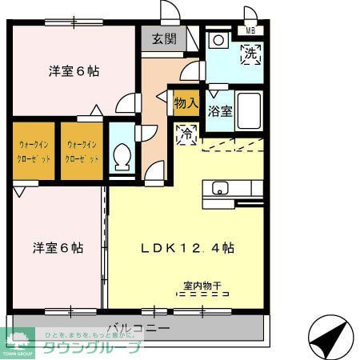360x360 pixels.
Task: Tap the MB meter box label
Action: click(251, 31)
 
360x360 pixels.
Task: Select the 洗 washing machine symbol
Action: click(250, 54)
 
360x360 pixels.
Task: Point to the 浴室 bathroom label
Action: click(220, 112)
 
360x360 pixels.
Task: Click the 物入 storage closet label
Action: click(186, 103)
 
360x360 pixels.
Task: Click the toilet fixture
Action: click(122, 154)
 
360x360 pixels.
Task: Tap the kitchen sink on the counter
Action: click(221, 189)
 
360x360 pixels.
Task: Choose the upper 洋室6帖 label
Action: click(74, 70)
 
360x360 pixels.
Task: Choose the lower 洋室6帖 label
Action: click(58, 247)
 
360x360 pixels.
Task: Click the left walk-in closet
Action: click(35, 152)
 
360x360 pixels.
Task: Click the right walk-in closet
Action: click(82, 152)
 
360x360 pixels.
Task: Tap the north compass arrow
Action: click(330, 337)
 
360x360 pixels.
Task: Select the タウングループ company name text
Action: click(91, 347)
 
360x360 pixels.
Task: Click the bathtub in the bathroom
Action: click(249, 111)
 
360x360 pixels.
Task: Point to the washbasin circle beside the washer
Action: click(218, 40)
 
